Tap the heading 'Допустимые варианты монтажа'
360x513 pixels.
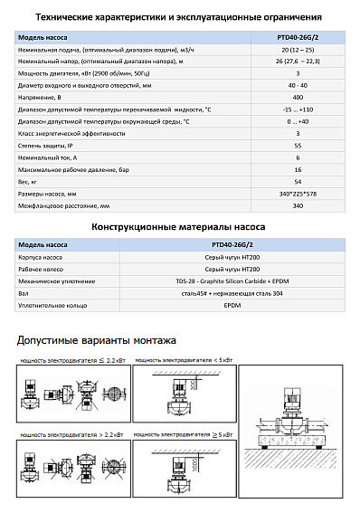[97, 340]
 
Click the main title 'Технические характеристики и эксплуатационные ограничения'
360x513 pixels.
[179, 16]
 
